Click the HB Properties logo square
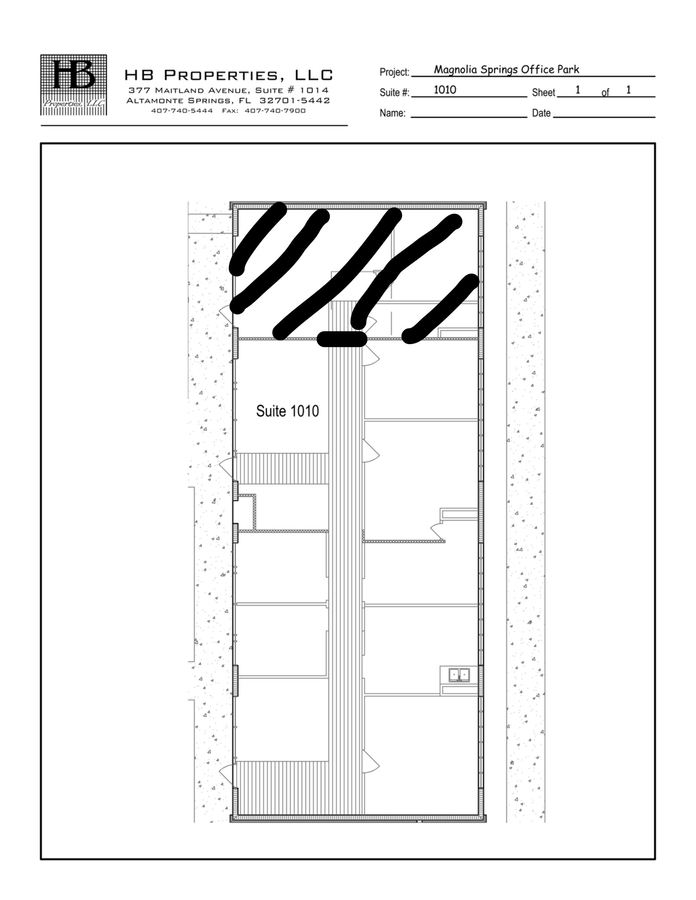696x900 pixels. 74,85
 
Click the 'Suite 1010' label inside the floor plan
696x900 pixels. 287,411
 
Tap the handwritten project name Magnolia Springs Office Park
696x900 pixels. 506,69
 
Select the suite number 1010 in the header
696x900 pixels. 445,90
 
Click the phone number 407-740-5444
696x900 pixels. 182,111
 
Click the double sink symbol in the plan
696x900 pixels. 459,675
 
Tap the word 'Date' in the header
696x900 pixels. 541,113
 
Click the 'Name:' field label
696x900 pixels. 392,113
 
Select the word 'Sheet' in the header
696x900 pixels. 543,93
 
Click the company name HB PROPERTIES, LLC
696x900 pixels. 229,75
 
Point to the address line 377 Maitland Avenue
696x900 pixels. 228,91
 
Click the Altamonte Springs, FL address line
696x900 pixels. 228,101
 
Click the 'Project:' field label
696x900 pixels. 394,72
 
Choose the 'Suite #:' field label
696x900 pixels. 394,93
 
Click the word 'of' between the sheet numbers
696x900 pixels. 605,93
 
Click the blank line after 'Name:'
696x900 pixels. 468,115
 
